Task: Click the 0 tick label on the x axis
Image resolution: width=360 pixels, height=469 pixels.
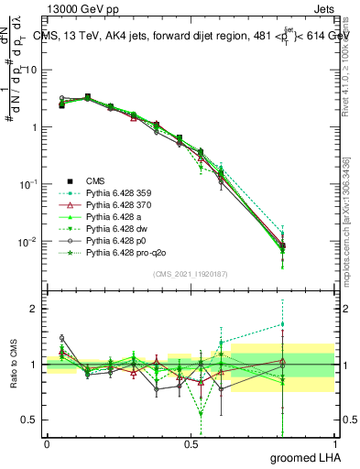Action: pyautogui.click(x=47, y=442)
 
